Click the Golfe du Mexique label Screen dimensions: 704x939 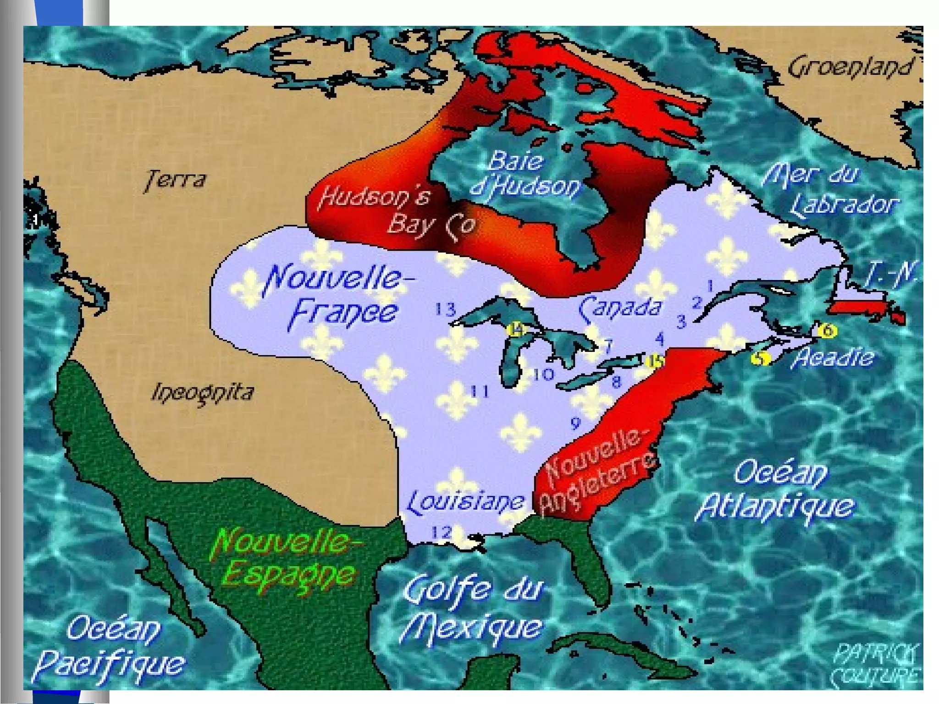472,608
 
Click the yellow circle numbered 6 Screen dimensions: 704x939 827,330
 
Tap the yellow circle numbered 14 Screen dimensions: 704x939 516,329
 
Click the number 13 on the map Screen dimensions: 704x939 445,310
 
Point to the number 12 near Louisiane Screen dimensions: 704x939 442,532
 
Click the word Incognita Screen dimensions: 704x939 202,393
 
